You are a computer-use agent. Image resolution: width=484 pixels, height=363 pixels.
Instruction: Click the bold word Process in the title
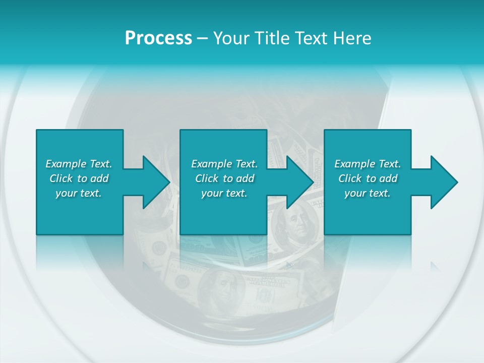pyautogui.click(x=158, y=38)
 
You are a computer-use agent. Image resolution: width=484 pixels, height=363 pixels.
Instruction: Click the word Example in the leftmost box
pyautogui.click(x=66, y=164)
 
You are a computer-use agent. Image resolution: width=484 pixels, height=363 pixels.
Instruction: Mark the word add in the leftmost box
pyautogui.click(x=99, y=178)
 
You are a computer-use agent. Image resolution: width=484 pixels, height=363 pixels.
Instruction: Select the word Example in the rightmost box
pyautogui.click(x=354, y=164)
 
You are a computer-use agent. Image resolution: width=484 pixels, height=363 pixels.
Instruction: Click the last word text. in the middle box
pyautogui.click(x=236, y=193)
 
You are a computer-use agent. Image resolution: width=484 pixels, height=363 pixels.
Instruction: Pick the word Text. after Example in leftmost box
pyautogui.click(x=100, y=164)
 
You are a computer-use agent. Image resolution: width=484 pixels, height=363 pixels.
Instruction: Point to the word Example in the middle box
pyautogui.click(x=211, y=164)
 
